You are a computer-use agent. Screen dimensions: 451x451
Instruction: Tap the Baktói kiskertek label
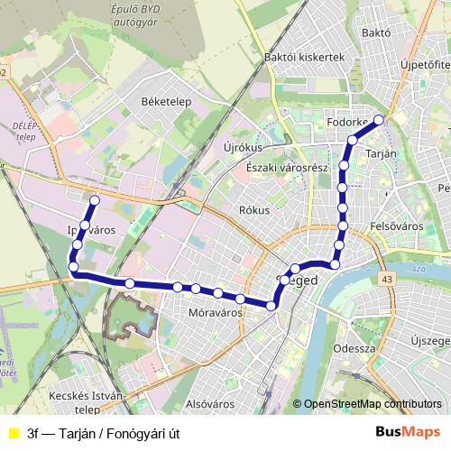tap(305, 57)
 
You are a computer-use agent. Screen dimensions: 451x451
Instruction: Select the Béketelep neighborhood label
tap(166, 102)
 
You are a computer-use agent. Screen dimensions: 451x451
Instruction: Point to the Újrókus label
tap(241, 147)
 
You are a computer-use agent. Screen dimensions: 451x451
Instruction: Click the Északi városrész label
tap(280, 169)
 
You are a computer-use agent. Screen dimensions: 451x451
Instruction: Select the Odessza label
tap(354, 347)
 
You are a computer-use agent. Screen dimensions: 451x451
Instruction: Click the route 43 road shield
tap(387, 280)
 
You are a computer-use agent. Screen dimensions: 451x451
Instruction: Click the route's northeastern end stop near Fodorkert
tap(379, 120)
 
